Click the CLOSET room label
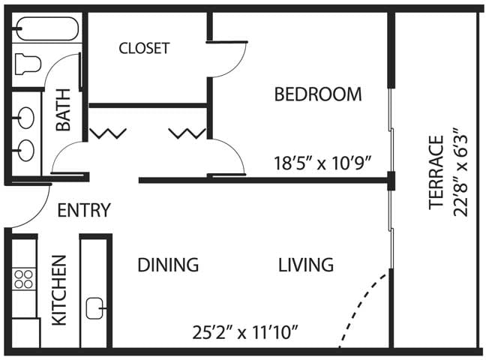pos(144,48)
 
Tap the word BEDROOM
pos(318,94)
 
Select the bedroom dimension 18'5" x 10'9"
pos(322,163)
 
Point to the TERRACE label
pos(436,172)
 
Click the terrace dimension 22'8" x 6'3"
pos(460,172)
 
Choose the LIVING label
pos(306,265)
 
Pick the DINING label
pos(168,265)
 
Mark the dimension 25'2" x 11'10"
pos(245,332)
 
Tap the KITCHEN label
pos(59,290)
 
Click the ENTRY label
pos(84,210)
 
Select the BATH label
pos(63,109)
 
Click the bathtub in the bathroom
pos(46,28)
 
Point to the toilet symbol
pos(28,64)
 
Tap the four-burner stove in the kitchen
pos(23,279)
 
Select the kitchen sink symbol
pos(95,308)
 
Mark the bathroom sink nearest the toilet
pos(25,118)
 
